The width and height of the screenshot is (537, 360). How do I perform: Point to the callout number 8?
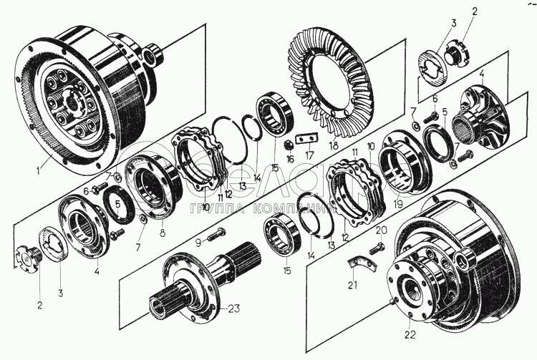coord(163,232)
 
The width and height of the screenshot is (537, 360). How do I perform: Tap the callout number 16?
coord(290,159)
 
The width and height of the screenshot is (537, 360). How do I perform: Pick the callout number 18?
coord(334,145)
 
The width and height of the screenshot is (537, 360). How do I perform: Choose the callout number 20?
coord(381,230)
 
